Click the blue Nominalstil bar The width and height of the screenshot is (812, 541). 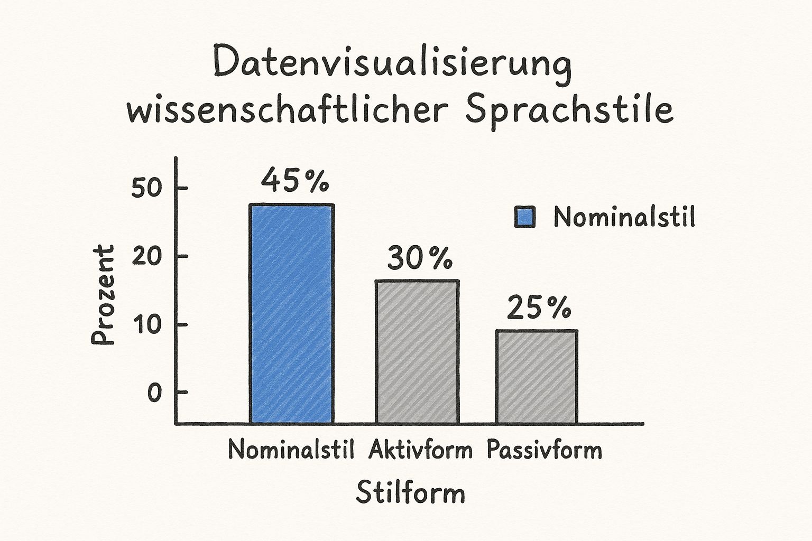tap(292, 314)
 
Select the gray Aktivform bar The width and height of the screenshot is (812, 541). tap(417, 352)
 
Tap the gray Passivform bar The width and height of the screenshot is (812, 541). tap(537, 377)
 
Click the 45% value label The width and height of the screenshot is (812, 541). tap(295, 181)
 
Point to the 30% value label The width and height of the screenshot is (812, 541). tap(420, 258)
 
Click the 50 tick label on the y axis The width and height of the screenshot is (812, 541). tap(145, 189)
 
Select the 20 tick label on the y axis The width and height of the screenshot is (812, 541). tap(145, 257)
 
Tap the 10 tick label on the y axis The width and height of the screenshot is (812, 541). tap(145, 325)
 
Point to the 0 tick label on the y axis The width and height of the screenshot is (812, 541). tap(153, 393)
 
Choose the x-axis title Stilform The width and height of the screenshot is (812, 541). tap(410, 493)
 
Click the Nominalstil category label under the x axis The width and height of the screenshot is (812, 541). tap(291, 450)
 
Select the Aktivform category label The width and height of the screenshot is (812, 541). tap(420, 450)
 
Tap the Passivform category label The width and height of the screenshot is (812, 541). tap(544, 451)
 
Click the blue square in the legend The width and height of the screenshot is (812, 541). tap(525, 217)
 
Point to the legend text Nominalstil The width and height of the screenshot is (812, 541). tap(624, 217)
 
